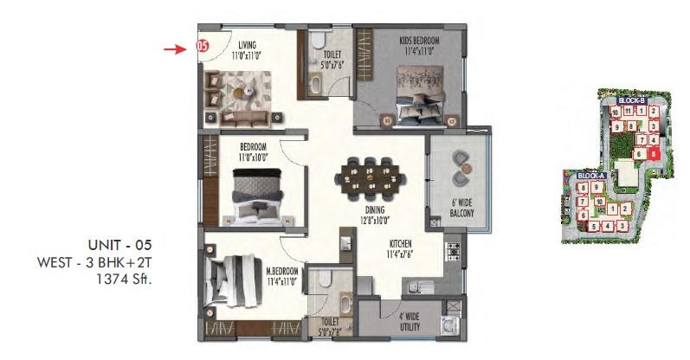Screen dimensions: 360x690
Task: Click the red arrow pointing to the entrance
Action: (176, 48)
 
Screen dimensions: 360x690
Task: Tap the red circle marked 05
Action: (202, 47)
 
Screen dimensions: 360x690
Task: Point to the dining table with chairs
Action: (371, 176)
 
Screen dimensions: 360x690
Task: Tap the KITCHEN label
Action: (399, 243)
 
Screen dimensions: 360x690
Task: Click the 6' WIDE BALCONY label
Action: (460, 211)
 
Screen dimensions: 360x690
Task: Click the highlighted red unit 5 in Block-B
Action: (654, 154)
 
